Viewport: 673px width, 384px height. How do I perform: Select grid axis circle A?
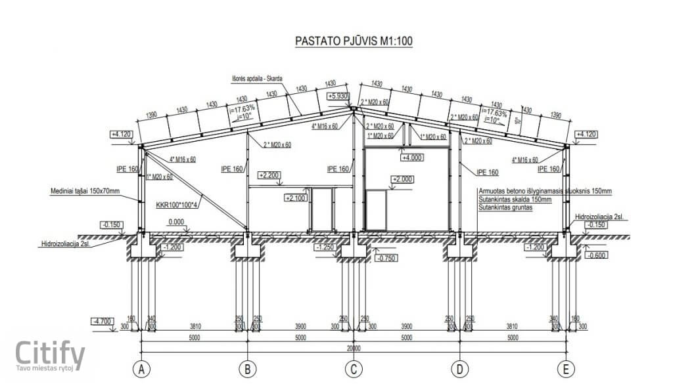click(141, 370)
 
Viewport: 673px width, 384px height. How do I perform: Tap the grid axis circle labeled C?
click(353, 370)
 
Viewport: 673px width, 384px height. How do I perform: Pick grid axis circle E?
click(565, 370)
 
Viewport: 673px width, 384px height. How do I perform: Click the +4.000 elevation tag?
click(413, 158)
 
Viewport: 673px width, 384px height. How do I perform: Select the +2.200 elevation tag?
click(269, 175)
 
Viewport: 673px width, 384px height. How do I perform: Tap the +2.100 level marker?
click(296, 197)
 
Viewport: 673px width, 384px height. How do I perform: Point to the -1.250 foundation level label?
click(326, 248)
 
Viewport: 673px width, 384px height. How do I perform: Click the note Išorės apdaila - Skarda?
click(257, 79)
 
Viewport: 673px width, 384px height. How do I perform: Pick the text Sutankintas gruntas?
click(506, 207)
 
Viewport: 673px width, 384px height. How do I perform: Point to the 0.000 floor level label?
click(175, 223)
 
